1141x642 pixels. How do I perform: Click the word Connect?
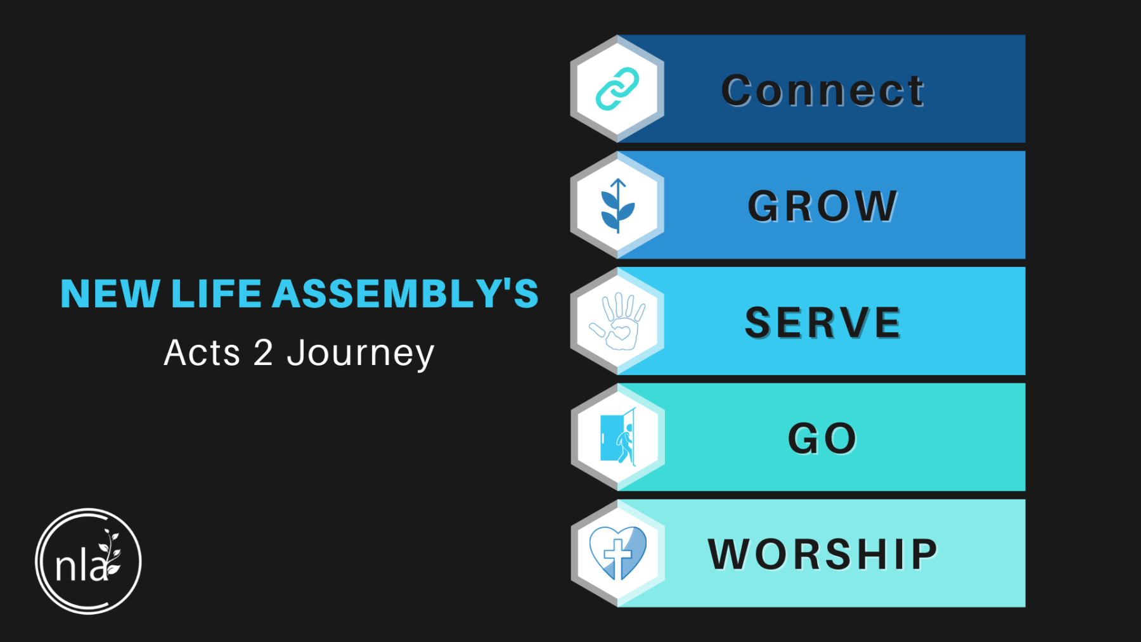[x=823, y=91]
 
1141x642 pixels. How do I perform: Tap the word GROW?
[x=823, y=206]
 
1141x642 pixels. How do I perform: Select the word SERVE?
[x=823, y=323]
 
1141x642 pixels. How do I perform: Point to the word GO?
[x=822, y=439]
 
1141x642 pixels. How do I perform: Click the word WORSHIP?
[x=823, y=555]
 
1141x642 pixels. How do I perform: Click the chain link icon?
[x=617, y=89]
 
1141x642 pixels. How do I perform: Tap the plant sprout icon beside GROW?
[x=617, y=206]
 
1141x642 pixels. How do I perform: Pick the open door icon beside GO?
[x=617, y=437]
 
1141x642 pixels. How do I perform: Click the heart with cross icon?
[x=618, y=553]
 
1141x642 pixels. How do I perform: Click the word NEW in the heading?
[x=110, y=294]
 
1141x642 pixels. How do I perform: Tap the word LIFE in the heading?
[x=216, y=294]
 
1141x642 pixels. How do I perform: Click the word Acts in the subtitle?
[x=202, y=353]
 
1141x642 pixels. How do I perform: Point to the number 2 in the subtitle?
[x=263, y=353]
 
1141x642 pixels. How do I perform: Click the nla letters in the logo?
[x=81, y=565]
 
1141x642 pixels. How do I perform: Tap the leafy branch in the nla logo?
[x=112, y=551]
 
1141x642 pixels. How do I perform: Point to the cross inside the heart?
[x=617, y=556]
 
